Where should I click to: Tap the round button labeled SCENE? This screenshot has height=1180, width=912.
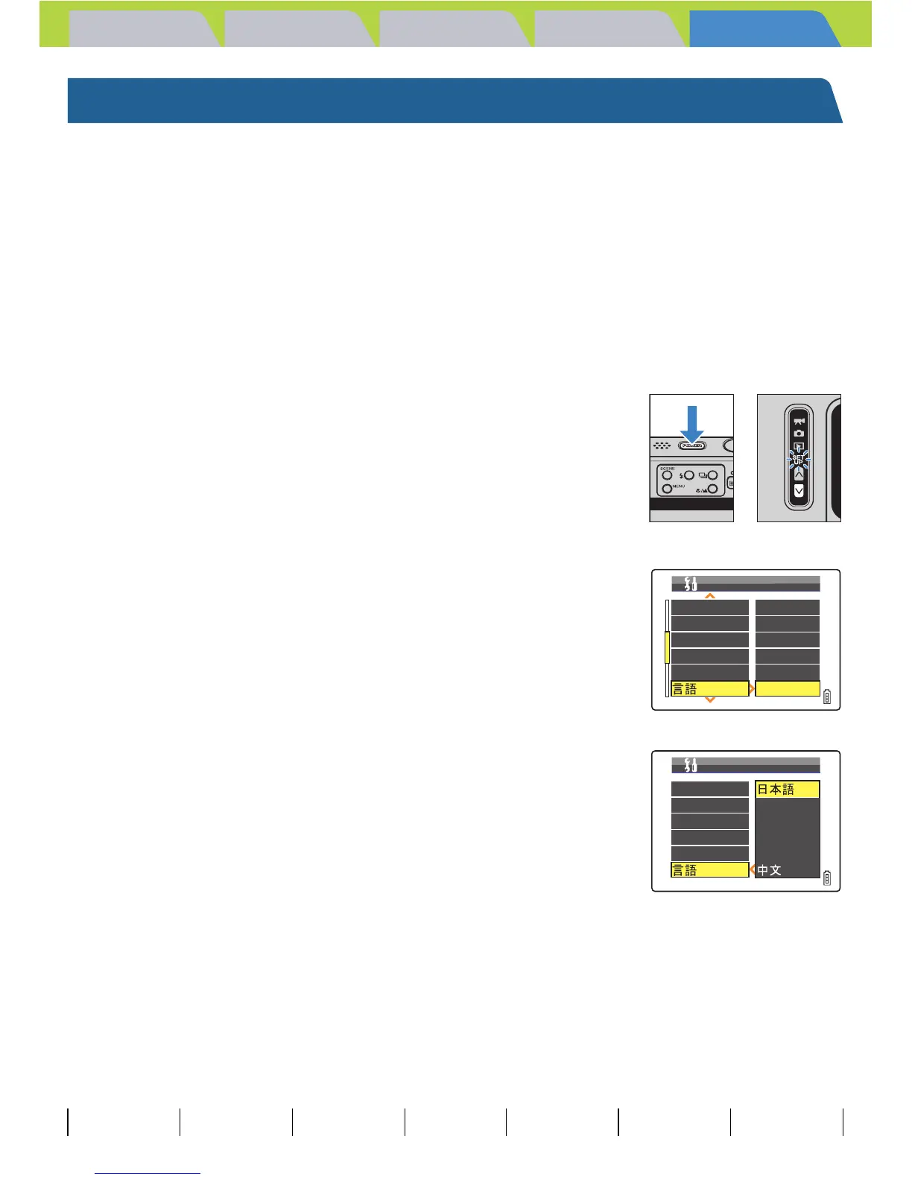(667, 475)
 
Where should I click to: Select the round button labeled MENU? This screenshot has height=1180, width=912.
(667, 489)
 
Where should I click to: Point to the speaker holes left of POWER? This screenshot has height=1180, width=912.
(662, 446)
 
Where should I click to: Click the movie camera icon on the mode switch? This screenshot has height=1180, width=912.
(799, 421)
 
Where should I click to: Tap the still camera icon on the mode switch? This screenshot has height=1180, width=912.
(799, 433)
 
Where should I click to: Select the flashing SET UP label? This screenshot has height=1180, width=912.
(798, 460)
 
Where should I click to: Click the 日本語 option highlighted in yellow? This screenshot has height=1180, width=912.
(787, 790)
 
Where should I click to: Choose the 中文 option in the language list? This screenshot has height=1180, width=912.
(770, 870)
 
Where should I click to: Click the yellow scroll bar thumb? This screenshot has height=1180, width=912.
(667, 647)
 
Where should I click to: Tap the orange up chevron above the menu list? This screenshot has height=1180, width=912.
(710, 596)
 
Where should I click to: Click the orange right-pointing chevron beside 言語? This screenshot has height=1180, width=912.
(752, 689)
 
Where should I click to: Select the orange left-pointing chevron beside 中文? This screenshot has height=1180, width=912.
(753, 869)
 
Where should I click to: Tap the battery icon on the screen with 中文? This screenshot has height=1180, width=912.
(827, 878)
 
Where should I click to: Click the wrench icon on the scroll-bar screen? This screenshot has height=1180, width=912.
(691, 583)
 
